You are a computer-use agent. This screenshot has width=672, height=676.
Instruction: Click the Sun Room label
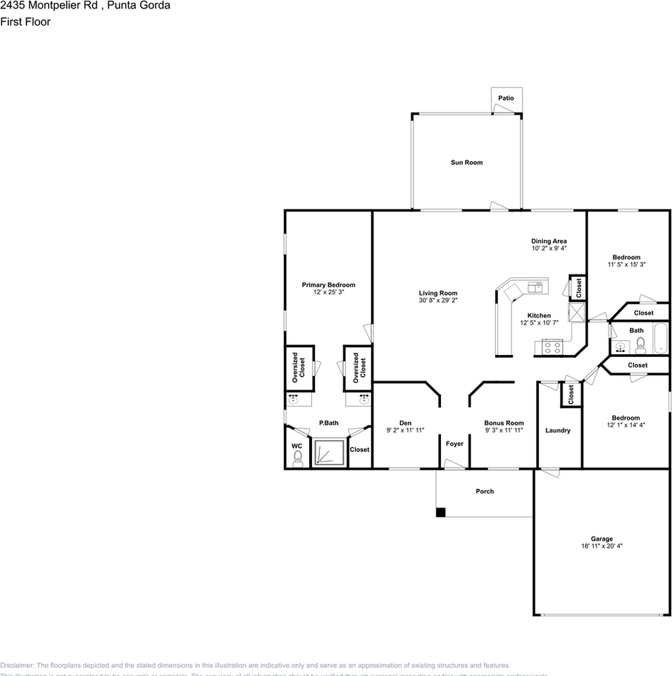[466, 163]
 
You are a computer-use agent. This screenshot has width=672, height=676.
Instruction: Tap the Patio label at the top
[506, 98]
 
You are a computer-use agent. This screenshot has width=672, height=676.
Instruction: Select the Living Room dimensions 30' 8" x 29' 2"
[438, 301]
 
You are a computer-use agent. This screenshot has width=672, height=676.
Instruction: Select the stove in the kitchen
[552, 346]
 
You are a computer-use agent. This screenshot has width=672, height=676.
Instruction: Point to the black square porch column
[440, 513]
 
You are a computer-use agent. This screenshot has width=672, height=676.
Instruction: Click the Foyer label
[454, 444]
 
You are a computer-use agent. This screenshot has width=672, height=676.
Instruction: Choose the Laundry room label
[558, 430]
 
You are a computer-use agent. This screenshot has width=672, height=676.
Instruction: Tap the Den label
[405, 423]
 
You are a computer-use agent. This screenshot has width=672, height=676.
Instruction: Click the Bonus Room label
[504, 423]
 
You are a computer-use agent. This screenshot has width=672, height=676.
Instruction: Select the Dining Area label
[549, 241]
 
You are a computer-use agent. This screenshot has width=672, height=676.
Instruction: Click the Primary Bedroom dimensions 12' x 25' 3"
[328, 292]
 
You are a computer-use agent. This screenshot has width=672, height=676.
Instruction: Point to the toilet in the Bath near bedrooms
[640, 344]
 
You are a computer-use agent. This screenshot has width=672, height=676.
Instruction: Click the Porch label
[485, 491]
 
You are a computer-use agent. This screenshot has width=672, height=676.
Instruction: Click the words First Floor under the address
[25, 22]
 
